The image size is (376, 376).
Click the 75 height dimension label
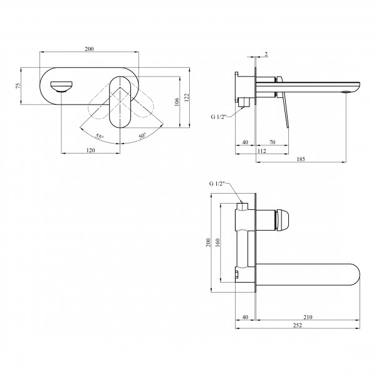tap(18, 86)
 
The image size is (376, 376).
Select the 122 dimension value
tap(187, 98)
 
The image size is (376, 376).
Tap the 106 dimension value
tap(177, 102)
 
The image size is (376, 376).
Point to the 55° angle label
tap(99, 137)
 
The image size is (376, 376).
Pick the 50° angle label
tap(142, 136)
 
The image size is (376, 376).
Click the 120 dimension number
tap(90, 150)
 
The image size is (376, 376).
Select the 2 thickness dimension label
tap(266, 54)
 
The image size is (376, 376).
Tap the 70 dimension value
tap(272, 142)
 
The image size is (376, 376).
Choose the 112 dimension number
tap(261, 151)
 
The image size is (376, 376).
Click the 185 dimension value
tap(301, 159)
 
